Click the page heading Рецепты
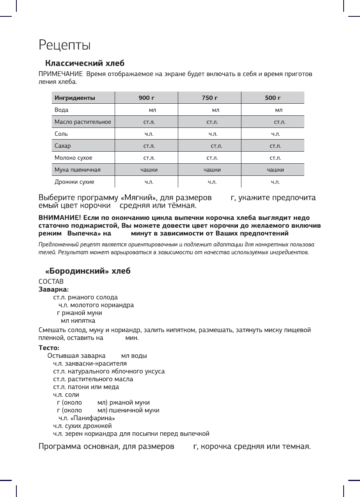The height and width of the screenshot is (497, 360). click(x=65, y=45)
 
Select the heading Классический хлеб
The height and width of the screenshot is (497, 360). click(x=85, y=63)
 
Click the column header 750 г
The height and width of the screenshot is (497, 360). click(x=209, y=98)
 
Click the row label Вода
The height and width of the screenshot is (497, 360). click(x=62, y=110)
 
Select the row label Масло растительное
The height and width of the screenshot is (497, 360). click(x=83, y=122)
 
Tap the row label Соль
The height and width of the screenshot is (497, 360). click(x=61, y=134)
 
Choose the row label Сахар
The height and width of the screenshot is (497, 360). click(x=63, y=146)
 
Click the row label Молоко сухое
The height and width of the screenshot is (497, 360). click(x=73, y=158)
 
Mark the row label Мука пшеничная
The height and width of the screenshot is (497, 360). click(x=78, y=170)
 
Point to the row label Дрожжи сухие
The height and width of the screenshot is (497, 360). click(x=74, y=182)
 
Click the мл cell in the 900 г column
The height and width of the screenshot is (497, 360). click(x=153, y=110)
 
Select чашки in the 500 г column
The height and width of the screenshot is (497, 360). click(x=275, y=170)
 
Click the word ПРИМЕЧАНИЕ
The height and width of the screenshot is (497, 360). click(x=60, y=74)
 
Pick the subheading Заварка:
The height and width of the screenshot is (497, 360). click(x=53, y=289)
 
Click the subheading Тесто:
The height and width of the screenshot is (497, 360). click(x=49, y=348)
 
